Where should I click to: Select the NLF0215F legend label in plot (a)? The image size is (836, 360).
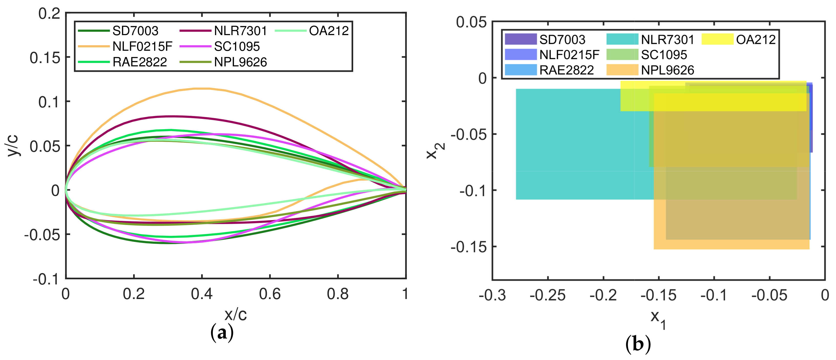[142, 46]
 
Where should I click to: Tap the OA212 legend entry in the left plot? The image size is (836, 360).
[329, 31]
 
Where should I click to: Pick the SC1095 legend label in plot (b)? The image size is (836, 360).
[664, 55]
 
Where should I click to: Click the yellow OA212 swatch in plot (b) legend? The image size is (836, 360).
[717, 39]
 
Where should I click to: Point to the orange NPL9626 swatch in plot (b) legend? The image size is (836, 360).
[622, 70]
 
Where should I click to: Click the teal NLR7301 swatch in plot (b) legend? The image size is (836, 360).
[622, 39]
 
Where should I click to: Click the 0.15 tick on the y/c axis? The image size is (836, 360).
[45, 58]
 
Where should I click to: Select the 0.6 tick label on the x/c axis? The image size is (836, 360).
[269, 294]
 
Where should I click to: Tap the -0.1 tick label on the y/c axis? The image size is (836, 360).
[46, 279]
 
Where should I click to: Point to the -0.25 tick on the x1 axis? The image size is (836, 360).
[547, 295]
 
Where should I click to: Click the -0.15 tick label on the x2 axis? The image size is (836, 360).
[469, 247]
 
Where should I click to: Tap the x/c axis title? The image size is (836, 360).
[236, 314]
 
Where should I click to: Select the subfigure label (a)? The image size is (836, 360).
[222, 333]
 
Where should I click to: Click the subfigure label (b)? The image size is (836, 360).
[638, 344]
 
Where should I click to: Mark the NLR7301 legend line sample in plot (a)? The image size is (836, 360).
[195, 31]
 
